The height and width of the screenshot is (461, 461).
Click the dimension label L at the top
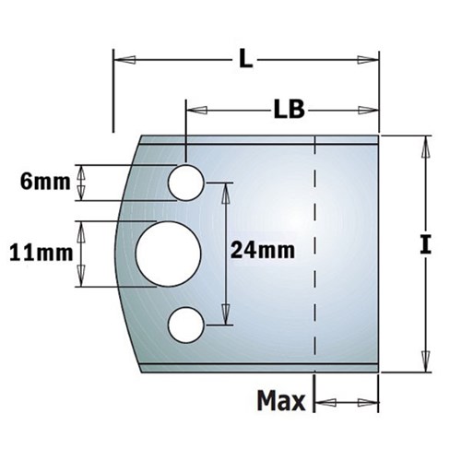pos(243,61)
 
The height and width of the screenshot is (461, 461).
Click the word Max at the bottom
pos(280,402)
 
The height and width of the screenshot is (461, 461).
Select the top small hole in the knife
pos(185,183)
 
